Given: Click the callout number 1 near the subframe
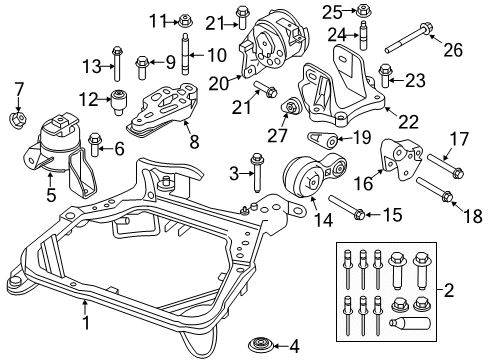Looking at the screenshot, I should tap(87, 323).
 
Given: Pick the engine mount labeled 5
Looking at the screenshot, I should tap(97, 145).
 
